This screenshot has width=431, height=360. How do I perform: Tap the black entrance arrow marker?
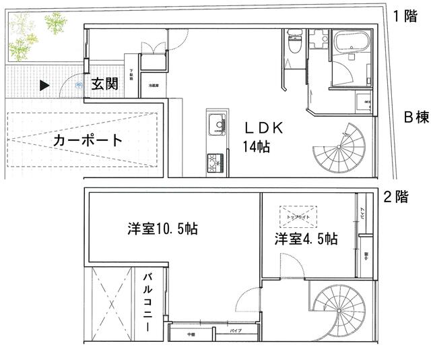[44, 86]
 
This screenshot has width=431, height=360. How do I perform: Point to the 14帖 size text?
[256, 146]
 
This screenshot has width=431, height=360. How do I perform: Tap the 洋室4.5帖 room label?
[306, 239]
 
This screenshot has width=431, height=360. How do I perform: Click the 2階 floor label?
[395, 198]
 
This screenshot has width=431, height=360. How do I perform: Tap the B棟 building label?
[416, 117]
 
